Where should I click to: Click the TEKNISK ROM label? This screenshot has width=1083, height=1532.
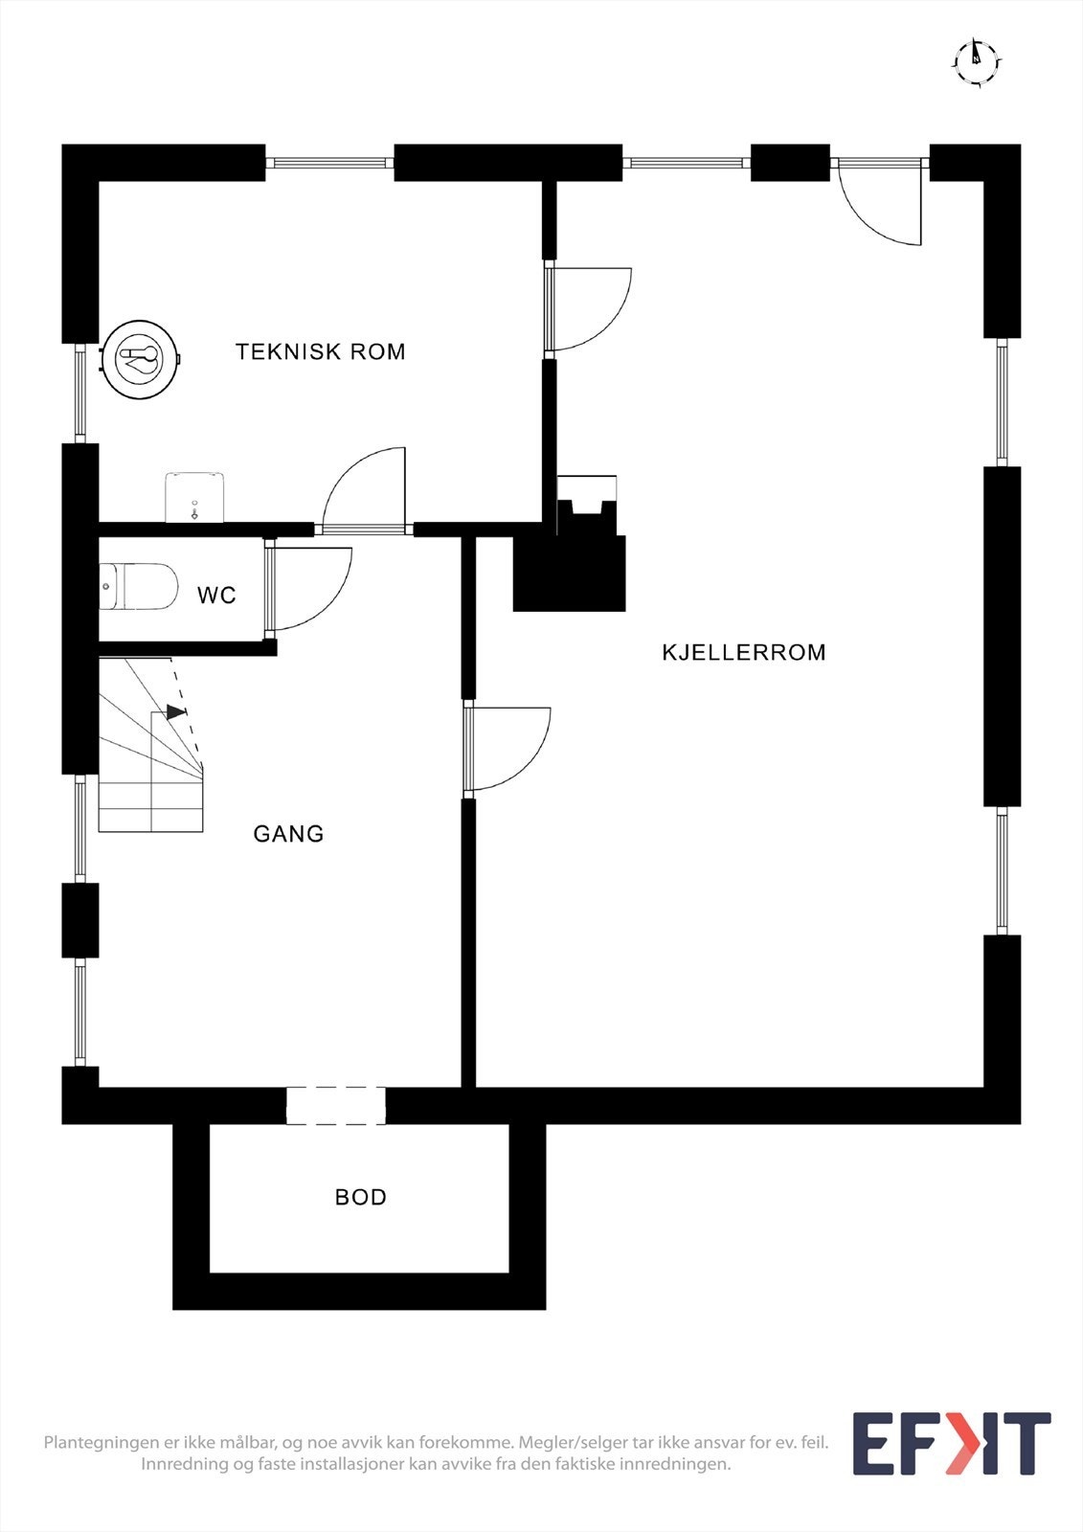pos(320,351)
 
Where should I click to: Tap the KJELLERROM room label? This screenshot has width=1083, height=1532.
pos(743,652)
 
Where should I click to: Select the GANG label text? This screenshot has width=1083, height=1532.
pos(288,834)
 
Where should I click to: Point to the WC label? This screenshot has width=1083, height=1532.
pos(216,596)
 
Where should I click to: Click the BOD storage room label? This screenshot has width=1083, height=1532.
pos(360,1197)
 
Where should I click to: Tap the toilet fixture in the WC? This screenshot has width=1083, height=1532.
pos(140,587)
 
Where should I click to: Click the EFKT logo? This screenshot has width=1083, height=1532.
pos(951,1444)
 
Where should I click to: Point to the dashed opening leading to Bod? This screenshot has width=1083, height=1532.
pos(336,1105)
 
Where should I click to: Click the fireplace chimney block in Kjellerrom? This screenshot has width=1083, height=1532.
pos(571,573)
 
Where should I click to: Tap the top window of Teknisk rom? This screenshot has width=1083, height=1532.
pos(329,163)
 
